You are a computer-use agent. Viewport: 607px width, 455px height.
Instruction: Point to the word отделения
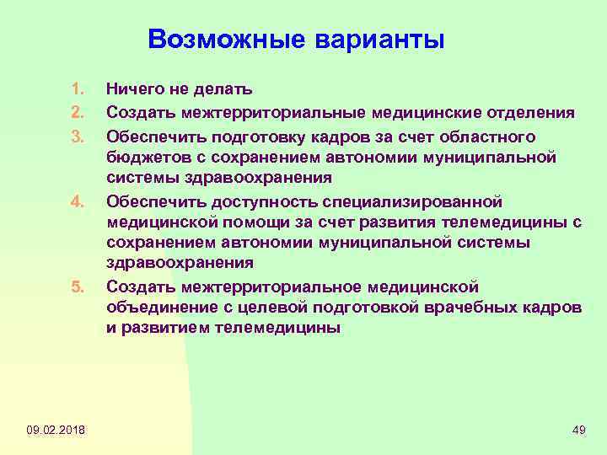pyautogui.click(x=532, y=113)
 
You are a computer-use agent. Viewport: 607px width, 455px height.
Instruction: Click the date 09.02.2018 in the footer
pyautogui.click(x=55, y=431)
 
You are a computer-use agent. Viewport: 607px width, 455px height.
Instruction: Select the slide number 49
pyautogui.click(x=578, y=431)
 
